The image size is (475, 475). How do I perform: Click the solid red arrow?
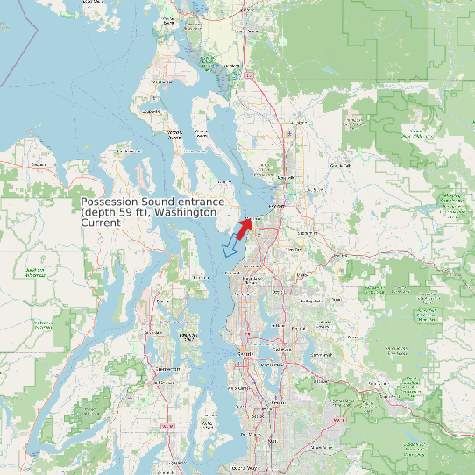point(243,230)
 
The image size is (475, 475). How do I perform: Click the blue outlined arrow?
point(231,248)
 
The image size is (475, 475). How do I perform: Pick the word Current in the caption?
point(100,223)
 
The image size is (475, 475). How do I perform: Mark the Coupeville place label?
point(175,138)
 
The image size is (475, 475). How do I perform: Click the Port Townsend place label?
point(128,152)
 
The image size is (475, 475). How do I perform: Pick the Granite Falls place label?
point(338,165)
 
